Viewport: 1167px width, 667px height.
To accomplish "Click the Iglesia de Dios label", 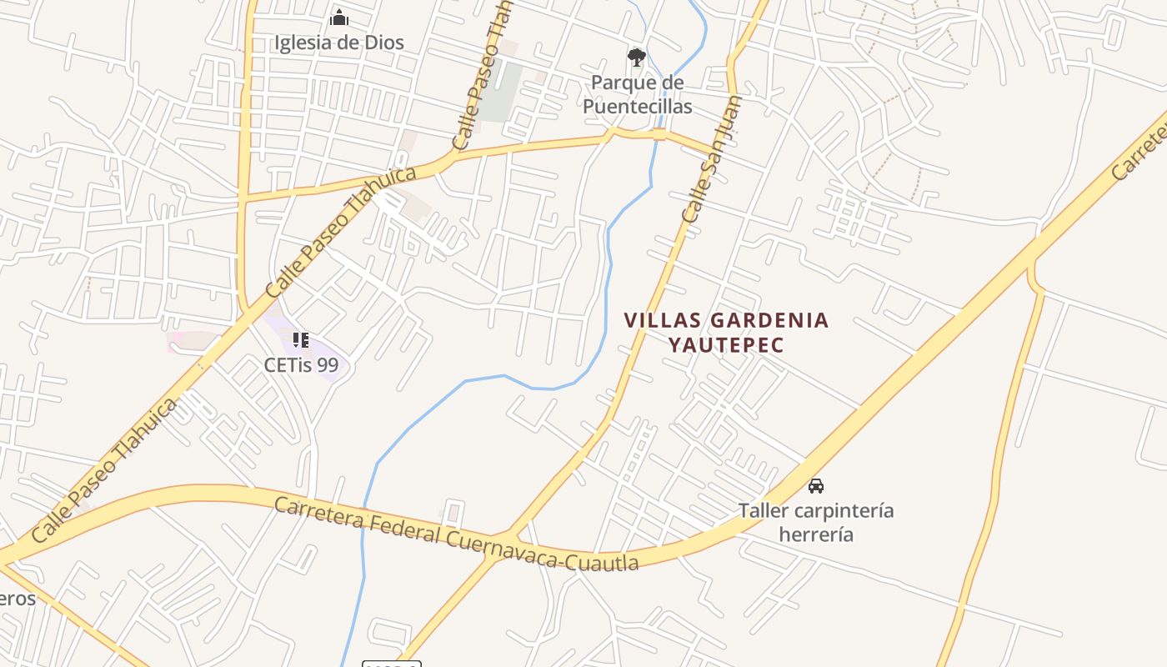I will click(339, 43).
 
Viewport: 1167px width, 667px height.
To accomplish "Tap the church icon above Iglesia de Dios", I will click(339, 18).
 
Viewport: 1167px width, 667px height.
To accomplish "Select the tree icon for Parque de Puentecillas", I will click(637, 58).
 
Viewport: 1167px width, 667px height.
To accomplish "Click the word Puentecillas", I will click(637, 106).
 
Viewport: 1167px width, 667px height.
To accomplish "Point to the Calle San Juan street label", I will click(711, 159).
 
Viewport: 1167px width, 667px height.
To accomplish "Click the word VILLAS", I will click(664, 320).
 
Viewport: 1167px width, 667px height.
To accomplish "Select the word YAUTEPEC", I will click(726, 344).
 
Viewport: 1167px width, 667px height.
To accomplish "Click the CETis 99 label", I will click(301, 365).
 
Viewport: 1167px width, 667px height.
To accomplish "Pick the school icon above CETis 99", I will click(301, 340).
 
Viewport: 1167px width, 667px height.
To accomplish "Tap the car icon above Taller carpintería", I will click(816, 485).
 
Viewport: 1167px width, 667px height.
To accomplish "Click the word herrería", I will click(816, 534).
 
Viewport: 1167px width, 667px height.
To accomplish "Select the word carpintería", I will click(844, 510).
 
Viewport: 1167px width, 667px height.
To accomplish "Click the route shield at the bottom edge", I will click(391, 664).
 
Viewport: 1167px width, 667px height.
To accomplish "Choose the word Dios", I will click(383, 43).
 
